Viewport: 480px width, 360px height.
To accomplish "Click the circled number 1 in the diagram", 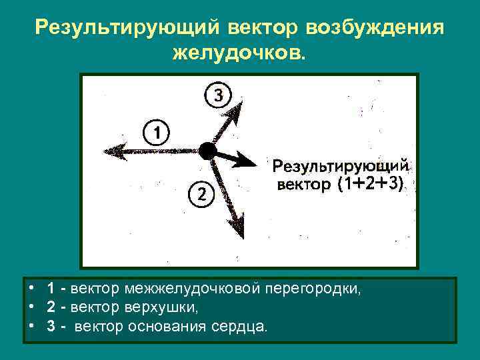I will pos(155,132).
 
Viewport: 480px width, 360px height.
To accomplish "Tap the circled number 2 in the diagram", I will pos(201,194).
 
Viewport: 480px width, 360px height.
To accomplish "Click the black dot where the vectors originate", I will pos(207,151).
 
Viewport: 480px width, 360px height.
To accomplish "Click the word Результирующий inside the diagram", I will pos(340,166).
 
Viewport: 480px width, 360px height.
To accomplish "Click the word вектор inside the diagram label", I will pos(303,185).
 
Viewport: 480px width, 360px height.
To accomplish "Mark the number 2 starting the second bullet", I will pos(51,308).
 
